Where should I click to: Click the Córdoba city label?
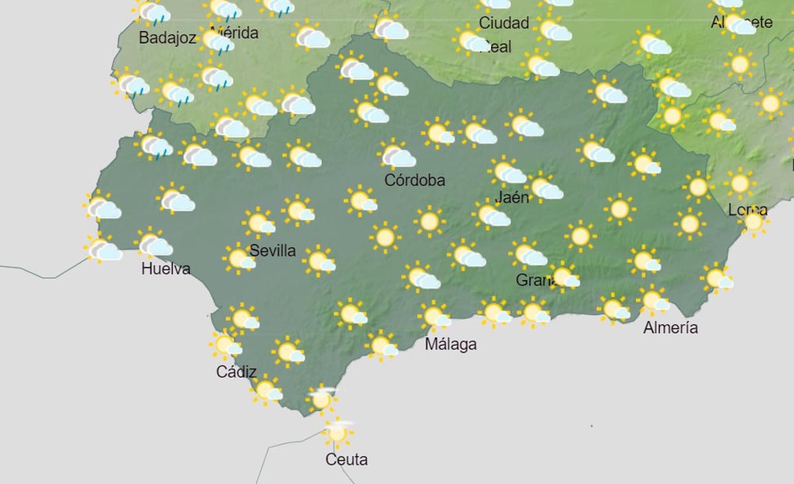pos(415,180)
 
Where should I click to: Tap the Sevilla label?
pos(273,251)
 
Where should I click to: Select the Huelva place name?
pos(166,269)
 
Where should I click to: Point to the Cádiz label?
pos(236,372)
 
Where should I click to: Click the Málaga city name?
pos(451,344)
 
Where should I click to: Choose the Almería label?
pos(670,328)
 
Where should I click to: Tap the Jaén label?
pos(512,197)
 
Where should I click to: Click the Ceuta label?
pos(347,460)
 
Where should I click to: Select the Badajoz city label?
pos(167,38)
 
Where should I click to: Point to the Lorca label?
pos(748,211)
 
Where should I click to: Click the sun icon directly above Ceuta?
pos(337,433)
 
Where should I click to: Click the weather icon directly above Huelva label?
pos(154,244)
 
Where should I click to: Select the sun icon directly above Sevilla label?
pos(259,223)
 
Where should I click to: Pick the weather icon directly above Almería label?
pos(654,301)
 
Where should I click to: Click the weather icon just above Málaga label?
pos(435,316)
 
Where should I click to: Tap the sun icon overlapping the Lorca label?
pos(754,222)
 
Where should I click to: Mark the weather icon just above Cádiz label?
pos(226,345)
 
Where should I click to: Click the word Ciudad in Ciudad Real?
pos(504,23)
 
